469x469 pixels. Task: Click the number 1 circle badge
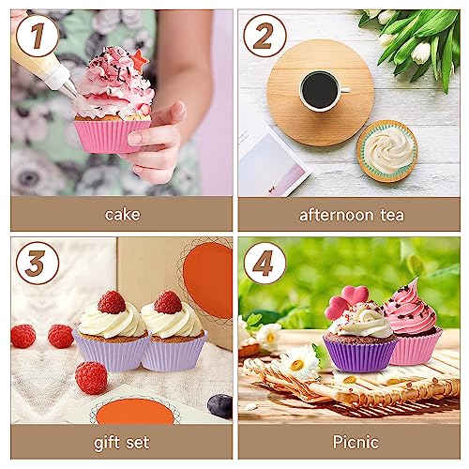tap(38, 36)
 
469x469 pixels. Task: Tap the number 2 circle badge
tap(265, 36)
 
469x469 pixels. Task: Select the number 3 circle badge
tap(38, 263)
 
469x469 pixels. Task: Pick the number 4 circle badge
tap(265, 263)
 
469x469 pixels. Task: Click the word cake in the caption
tap(122, 215)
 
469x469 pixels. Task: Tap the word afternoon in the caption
tap(337, 215)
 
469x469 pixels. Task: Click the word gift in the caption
tap(107, 443)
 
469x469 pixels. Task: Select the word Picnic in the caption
tap(356, 442)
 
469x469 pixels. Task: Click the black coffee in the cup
tap(320, 90)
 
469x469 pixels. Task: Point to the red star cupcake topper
tap(140, 59)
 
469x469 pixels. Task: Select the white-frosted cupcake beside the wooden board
tap(387, 150)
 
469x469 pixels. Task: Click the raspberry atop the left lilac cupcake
tap(112, 302)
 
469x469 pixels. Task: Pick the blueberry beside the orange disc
tap(220, 406)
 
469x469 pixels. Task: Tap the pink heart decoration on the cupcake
tap(347, 301)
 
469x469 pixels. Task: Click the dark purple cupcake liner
tap(359, 356)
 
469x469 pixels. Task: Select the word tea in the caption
tap(392, 215)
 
